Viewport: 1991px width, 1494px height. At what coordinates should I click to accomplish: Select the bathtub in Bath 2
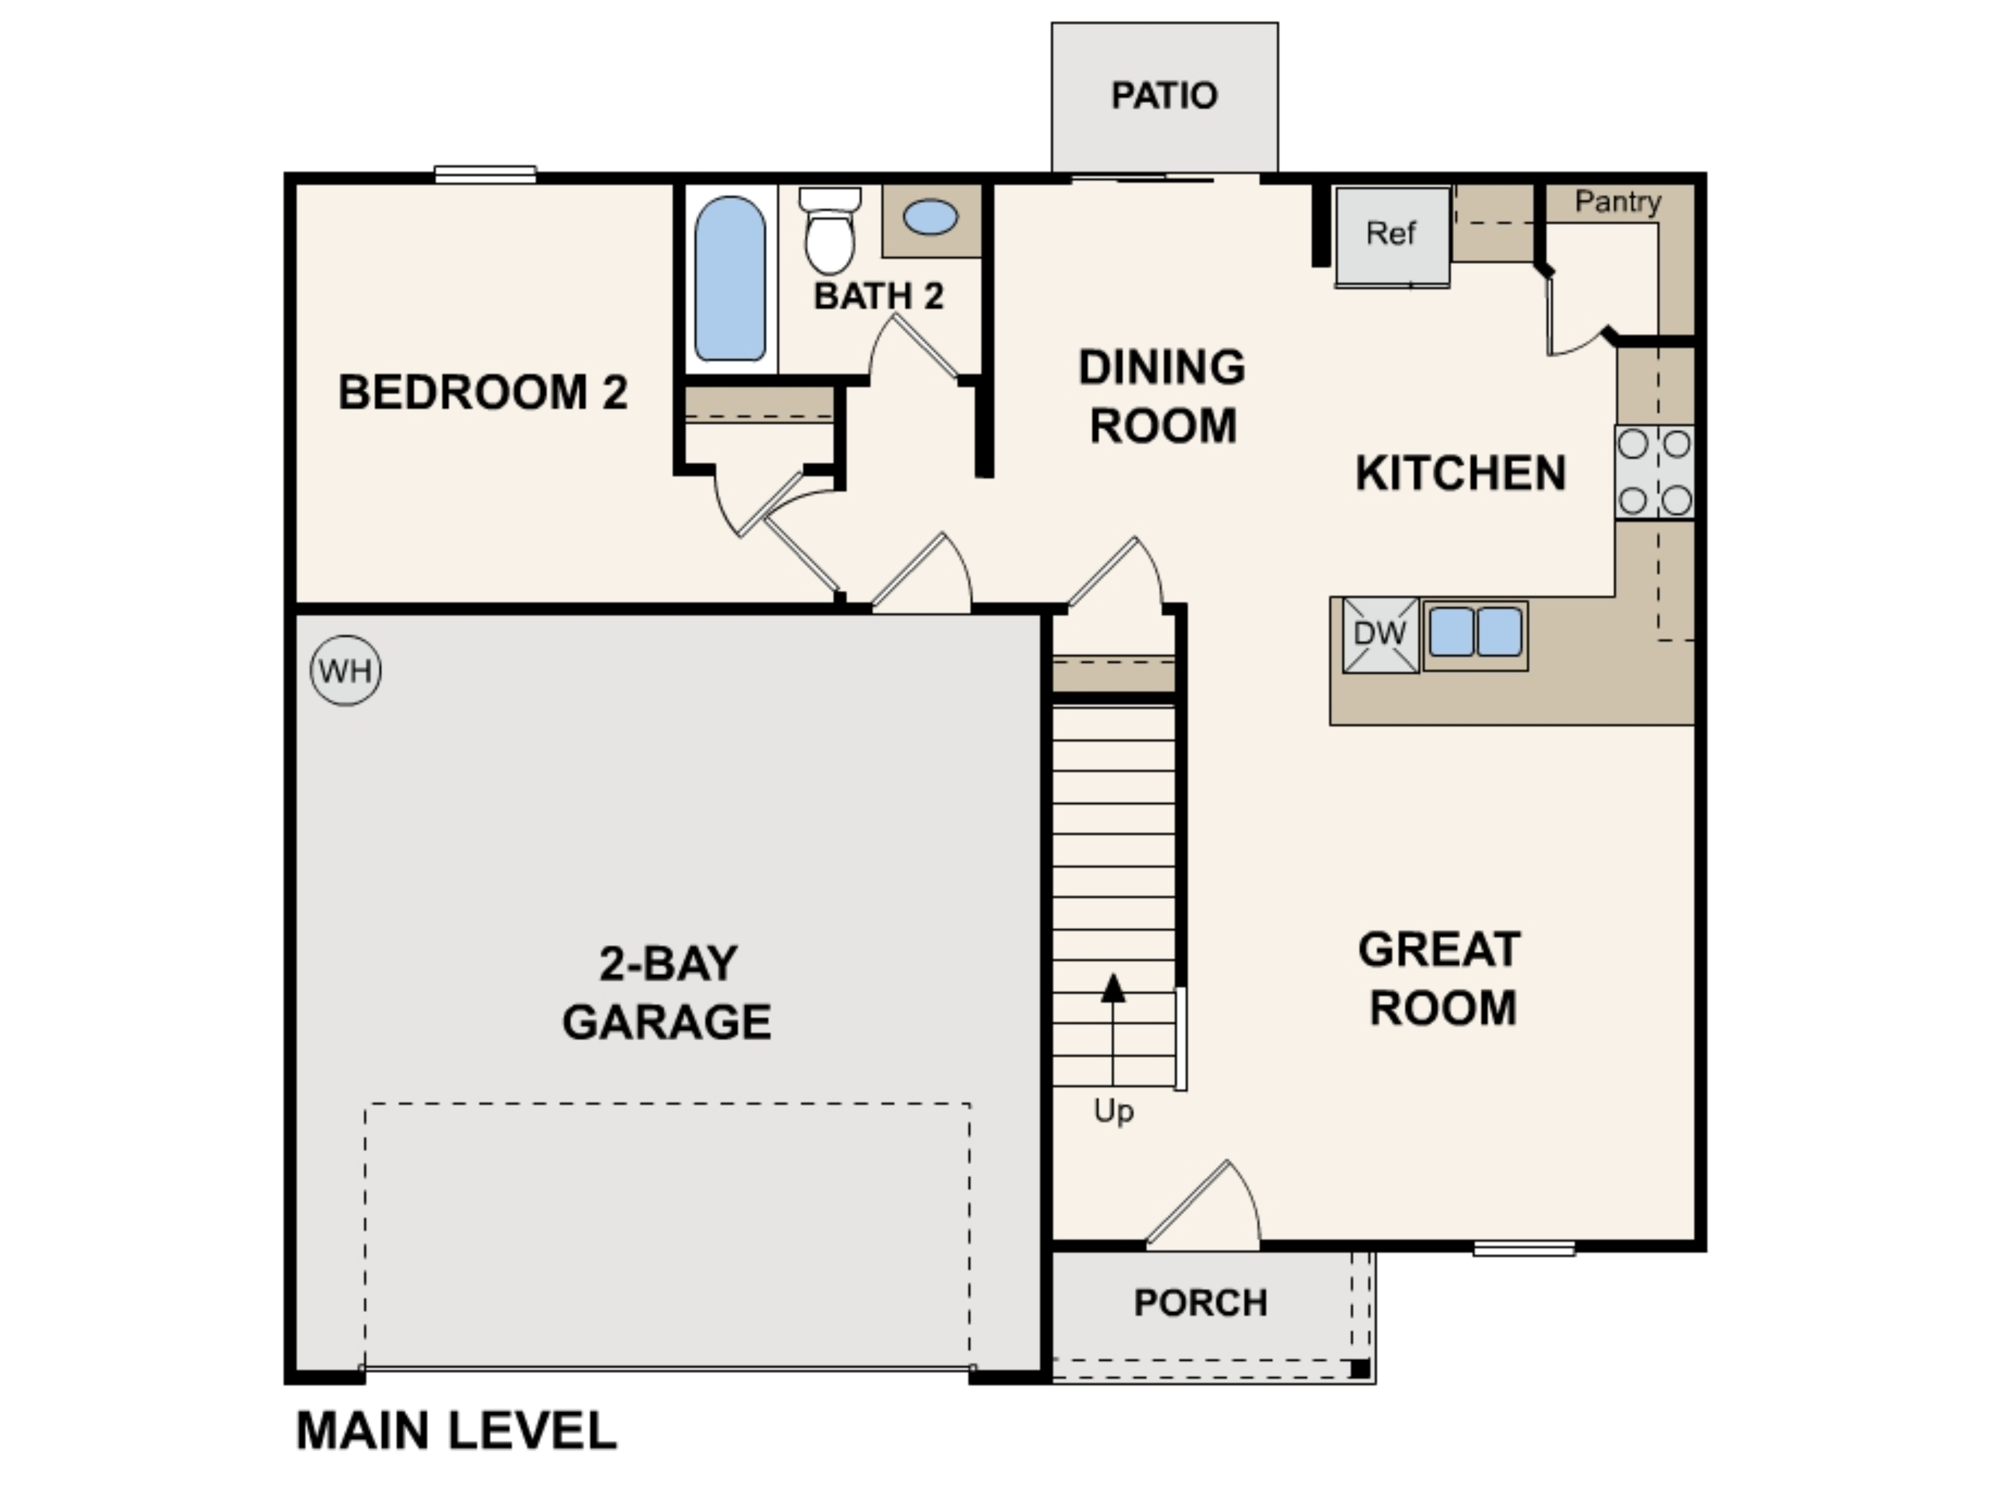coord(730,279)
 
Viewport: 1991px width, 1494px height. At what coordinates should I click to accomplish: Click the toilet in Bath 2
coord(829,233)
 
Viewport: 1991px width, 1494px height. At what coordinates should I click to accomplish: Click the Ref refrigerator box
coord(1392,234)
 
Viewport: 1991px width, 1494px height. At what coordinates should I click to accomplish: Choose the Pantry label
coord(1618,202)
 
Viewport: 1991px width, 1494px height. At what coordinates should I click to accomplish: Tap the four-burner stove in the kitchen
coord(1655,472)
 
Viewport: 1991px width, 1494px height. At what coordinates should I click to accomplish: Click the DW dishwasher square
coord(1380,634)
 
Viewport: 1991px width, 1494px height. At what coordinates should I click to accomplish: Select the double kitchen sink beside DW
coord(1475,632)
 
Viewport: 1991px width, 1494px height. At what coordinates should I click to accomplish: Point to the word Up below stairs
coord(1113,1111)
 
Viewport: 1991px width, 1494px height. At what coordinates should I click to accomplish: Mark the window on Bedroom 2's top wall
coord(485,174)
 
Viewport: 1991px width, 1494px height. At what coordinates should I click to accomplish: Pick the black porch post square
coord(1360,1369)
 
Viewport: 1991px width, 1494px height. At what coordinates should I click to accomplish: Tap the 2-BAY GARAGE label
coord(667,993)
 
